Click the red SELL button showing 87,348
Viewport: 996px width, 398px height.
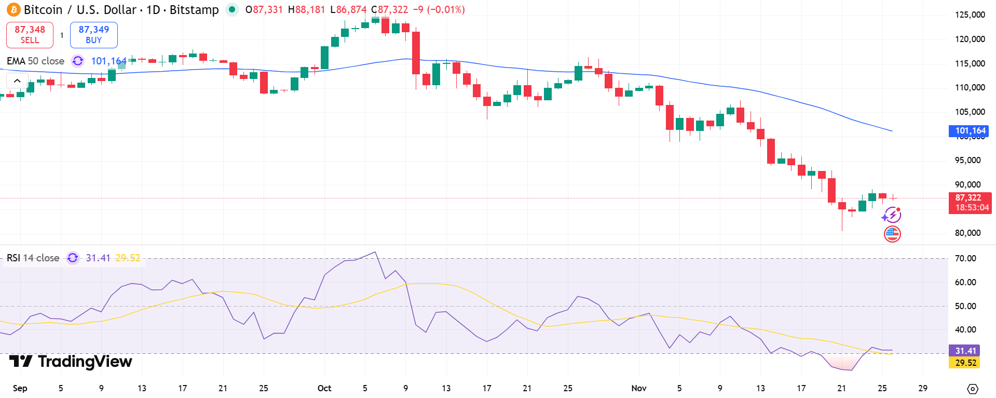pyautogui.click(x=30, y=35)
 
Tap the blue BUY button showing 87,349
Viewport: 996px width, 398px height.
pyautogui.click(x=93, y=35)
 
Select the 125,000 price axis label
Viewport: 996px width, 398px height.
pyautogui.click(x=970, y=15)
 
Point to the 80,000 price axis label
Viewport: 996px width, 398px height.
pyautogui.click(x=967, y=233)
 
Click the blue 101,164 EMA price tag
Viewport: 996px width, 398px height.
pyautogui.click(x=968, y=131)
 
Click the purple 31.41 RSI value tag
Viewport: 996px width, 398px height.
pyautogui.click(x=964, y=351)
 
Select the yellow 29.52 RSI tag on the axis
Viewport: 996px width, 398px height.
pyautogui.click(x=964, y=363)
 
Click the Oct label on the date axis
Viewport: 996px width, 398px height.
pyautogui.click(x=324, y=388)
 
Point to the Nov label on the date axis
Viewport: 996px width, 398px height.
pyautogui.click(x=639, y=388)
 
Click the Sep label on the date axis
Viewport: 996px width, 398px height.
pyautogui.click(x=20, y=388)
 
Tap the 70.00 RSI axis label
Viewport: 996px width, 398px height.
pyautogui.click(x=965, y=258)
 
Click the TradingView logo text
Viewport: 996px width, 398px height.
pyautogui.click(x=71, y=362)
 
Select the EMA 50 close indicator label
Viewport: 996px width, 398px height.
pyautogui.click(x=35, y=61)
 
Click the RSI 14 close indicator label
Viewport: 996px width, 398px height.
pyautogui.click(x=33, y=258)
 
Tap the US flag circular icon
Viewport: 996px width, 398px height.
pyautogui.click(x=892, y=234)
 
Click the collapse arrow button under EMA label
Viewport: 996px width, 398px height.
pyautogui.click(x=17, y=81)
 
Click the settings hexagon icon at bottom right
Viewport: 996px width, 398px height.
pyautogui.click(x=973, y=389)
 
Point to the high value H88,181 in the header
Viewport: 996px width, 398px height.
pyautogui.click(x=306, y=10)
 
